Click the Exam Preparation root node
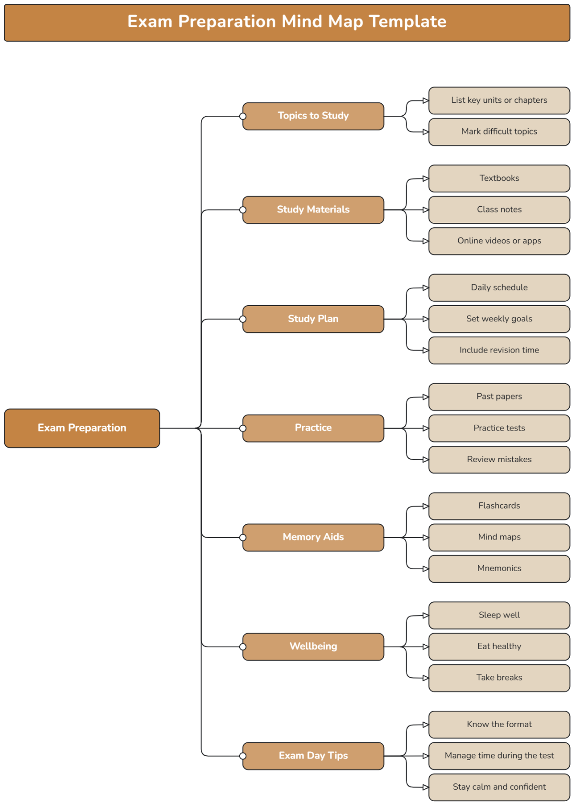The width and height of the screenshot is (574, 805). (x=82, y=428)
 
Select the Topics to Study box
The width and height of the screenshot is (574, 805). (x=313, y=116)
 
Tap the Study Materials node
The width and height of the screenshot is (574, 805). (x=313, y=210)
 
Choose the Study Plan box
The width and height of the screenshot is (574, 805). (x=313, y=319)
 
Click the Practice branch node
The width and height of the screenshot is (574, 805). (x=313, y=428)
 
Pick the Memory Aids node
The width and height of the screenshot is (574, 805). (x=313, y=537)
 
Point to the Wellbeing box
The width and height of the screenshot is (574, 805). (x=313, y=647)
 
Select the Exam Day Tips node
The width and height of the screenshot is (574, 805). (x=313, y=756)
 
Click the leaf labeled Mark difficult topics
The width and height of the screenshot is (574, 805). (x=499, y=132)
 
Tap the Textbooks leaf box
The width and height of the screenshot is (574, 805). (x=499, y=178)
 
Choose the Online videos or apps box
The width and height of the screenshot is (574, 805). (x=499, y=241)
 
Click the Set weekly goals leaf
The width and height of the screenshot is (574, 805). (x=499, y=319)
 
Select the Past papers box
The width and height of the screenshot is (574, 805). (x=499, y=397)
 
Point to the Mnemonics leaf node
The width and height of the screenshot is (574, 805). (x=499, y=569)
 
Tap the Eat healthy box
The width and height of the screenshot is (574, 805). (x=499, y=647)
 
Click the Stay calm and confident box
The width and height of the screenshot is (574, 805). (x=499, y=787)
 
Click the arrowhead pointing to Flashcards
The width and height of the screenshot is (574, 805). (x=426, y=506)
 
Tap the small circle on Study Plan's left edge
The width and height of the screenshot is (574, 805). (x=243, y=319)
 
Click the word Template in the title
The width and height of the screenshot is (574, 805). (x=408, y=22)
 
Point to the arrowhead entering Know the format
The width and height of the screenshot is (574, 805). (x=426, y=725)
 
